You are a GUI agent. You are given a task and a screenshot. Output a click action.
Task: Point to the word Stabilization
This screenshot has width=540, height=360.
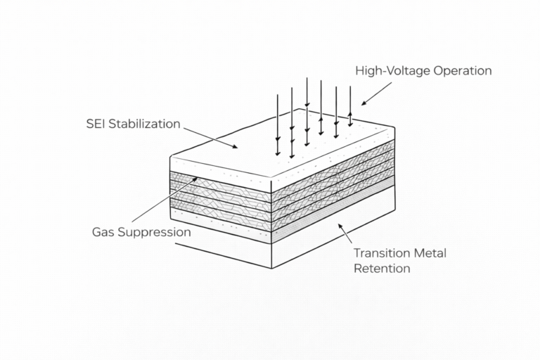tap(146, 124)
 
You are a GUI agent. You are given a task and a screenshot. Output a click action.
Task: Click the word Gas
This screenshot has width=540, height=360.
tap(103, 231)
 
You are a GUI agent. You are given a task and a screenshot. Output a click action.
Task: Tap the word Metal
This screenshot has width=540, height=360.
tap(430, 253)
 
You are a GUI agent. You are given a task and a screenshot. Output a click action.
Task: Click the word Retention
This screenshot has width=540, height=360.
tap(382, 268)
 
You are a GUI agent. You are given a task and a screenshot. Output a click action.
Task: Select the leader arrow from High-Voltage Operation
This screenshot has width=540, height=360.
tap(376, 93)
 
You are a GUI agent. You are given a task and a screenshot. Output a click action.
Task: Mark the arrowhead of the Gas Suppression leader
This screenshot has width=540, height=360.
tap(196, 179)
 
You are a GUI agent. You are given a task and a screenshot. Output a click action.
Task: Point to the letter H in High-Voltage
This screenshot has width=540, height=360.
tap(360, 71)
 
